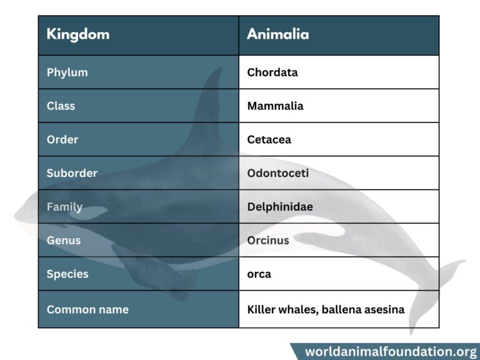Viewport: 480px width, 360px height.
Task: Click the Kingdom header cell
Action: click(x=77, y=34)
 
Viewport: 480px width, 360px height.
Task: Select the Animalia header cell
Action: click(x=277, y=34)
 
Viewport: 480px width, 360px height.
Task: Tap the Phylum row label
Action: click(x=67, y=72)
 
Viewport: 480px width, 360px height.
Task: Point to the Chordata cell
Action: click(x=272, y=72)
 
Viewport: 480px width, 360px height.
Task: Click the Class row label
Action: click(x=61, y=106)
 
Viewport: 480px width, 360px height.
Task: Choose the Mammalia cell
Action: click(x=275, y=106)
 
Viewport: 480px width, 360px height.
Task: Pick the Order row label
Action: click(x=62, y=140)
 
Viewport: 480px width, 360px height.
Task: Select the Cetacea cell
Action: click(x=269, y=140)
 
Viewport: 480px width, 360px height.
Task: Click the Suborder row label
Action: click(x=72, y=173)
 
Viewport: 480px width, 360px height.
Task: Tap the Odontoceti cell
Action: click(x=277, y=173)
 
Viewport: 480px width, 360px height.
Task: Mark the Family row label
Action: click(x=64, y=207)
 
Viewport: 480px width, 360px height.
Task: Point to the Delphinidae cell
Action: click(x=280, y=207)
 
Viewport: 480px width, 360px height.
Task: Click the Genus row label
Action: click(x=63, y=241)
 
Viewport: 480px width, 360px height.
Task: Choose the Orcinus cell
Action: click(x=268, y=241)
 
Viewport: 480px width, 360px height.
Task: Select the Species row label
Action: click(x=67, y=274)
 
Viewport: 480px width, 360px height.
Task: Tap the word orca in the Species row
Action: click(x=259, y=274)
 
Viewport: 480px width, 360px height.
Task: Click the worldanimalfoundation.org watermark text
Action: click(x=391, y=351)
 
